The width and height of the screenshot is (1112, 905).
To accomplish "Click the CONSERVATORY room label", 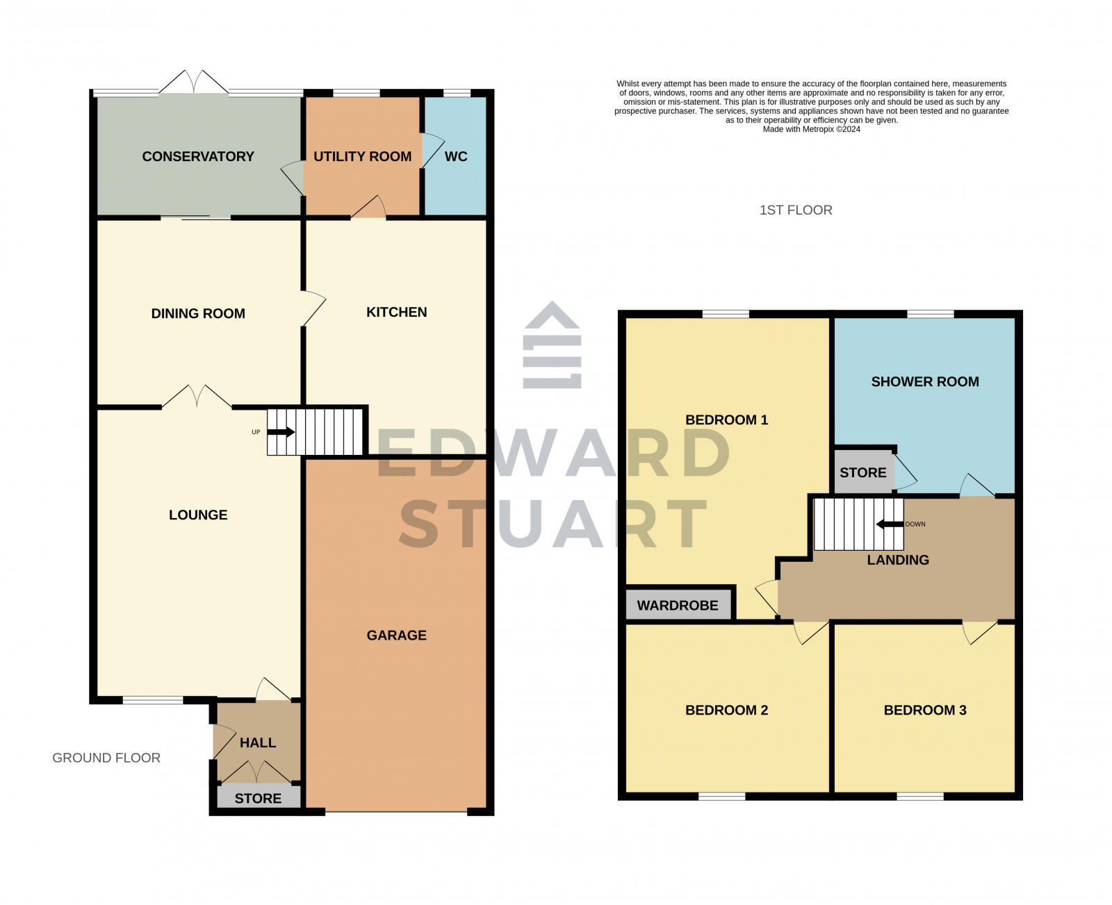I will pos(198,156).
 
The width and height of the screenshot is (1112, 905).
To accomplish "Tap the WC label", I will pos(456,156).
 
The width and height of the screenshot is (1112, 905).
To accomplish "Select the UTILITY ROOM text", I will pos(362,156).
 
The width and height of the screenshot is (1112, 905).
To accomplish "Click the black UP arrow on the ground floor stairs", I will pos(281,432).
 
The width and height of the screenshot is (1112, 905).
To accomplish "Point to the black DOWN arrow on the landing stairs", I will pos(889,524).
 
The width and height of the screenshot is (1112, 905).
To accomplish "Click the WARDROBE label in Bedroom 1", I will pos(678,605).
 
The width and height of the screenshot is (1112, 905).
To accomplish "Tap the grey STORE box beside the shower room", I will pos(862,472).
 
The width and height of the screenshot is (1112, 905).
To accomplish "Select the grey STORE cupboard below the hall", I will pos(258,798).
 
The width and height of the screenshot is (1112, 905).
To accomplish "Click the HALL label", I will pos(258,742).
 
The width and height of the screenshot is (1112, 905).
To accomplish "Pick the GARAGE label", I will pos(397,635).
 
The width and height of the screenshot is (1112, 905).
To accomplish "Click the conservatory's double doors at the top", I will pos(194,82).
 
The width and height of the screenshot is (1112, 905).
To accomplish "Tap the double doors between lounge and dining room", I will pos(197,397).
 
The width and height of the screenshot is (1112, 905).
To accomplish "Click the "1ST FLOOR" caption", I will pos(796,210).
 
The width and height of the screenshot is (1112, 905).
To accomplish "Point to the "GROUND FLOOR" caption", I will pos(106,758).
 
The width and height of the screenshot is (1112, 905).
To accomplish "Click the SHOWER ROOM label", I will pos(925,381).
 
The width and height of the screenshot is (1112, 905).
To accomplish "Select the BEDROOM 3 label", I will pos(925,710).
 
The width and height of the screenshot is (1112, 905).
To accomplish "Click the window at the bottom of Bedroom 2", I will pos(722,796).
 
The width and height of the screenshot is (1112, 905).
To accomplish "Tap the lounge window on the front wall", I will pos(153,700).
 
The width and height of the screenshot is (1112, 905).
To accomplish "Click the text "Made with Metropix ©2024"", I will pos(811,129).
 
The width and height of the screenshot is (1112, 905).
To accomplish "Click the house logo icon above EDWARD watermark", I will pos(552,345).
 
